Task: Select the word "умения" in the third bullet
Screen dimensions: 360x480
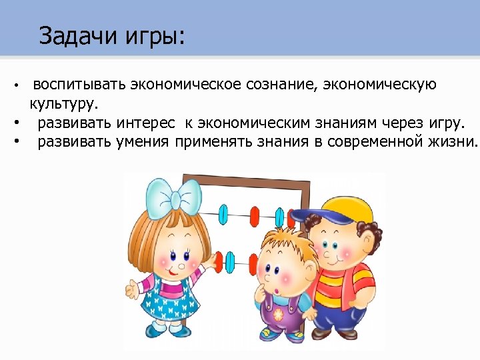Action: click(145, 141)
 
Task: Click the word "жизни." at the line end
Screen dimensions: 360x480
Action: click(453, 141)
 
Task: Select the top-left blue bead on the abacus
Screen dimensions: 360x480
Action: click(224, 215)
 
